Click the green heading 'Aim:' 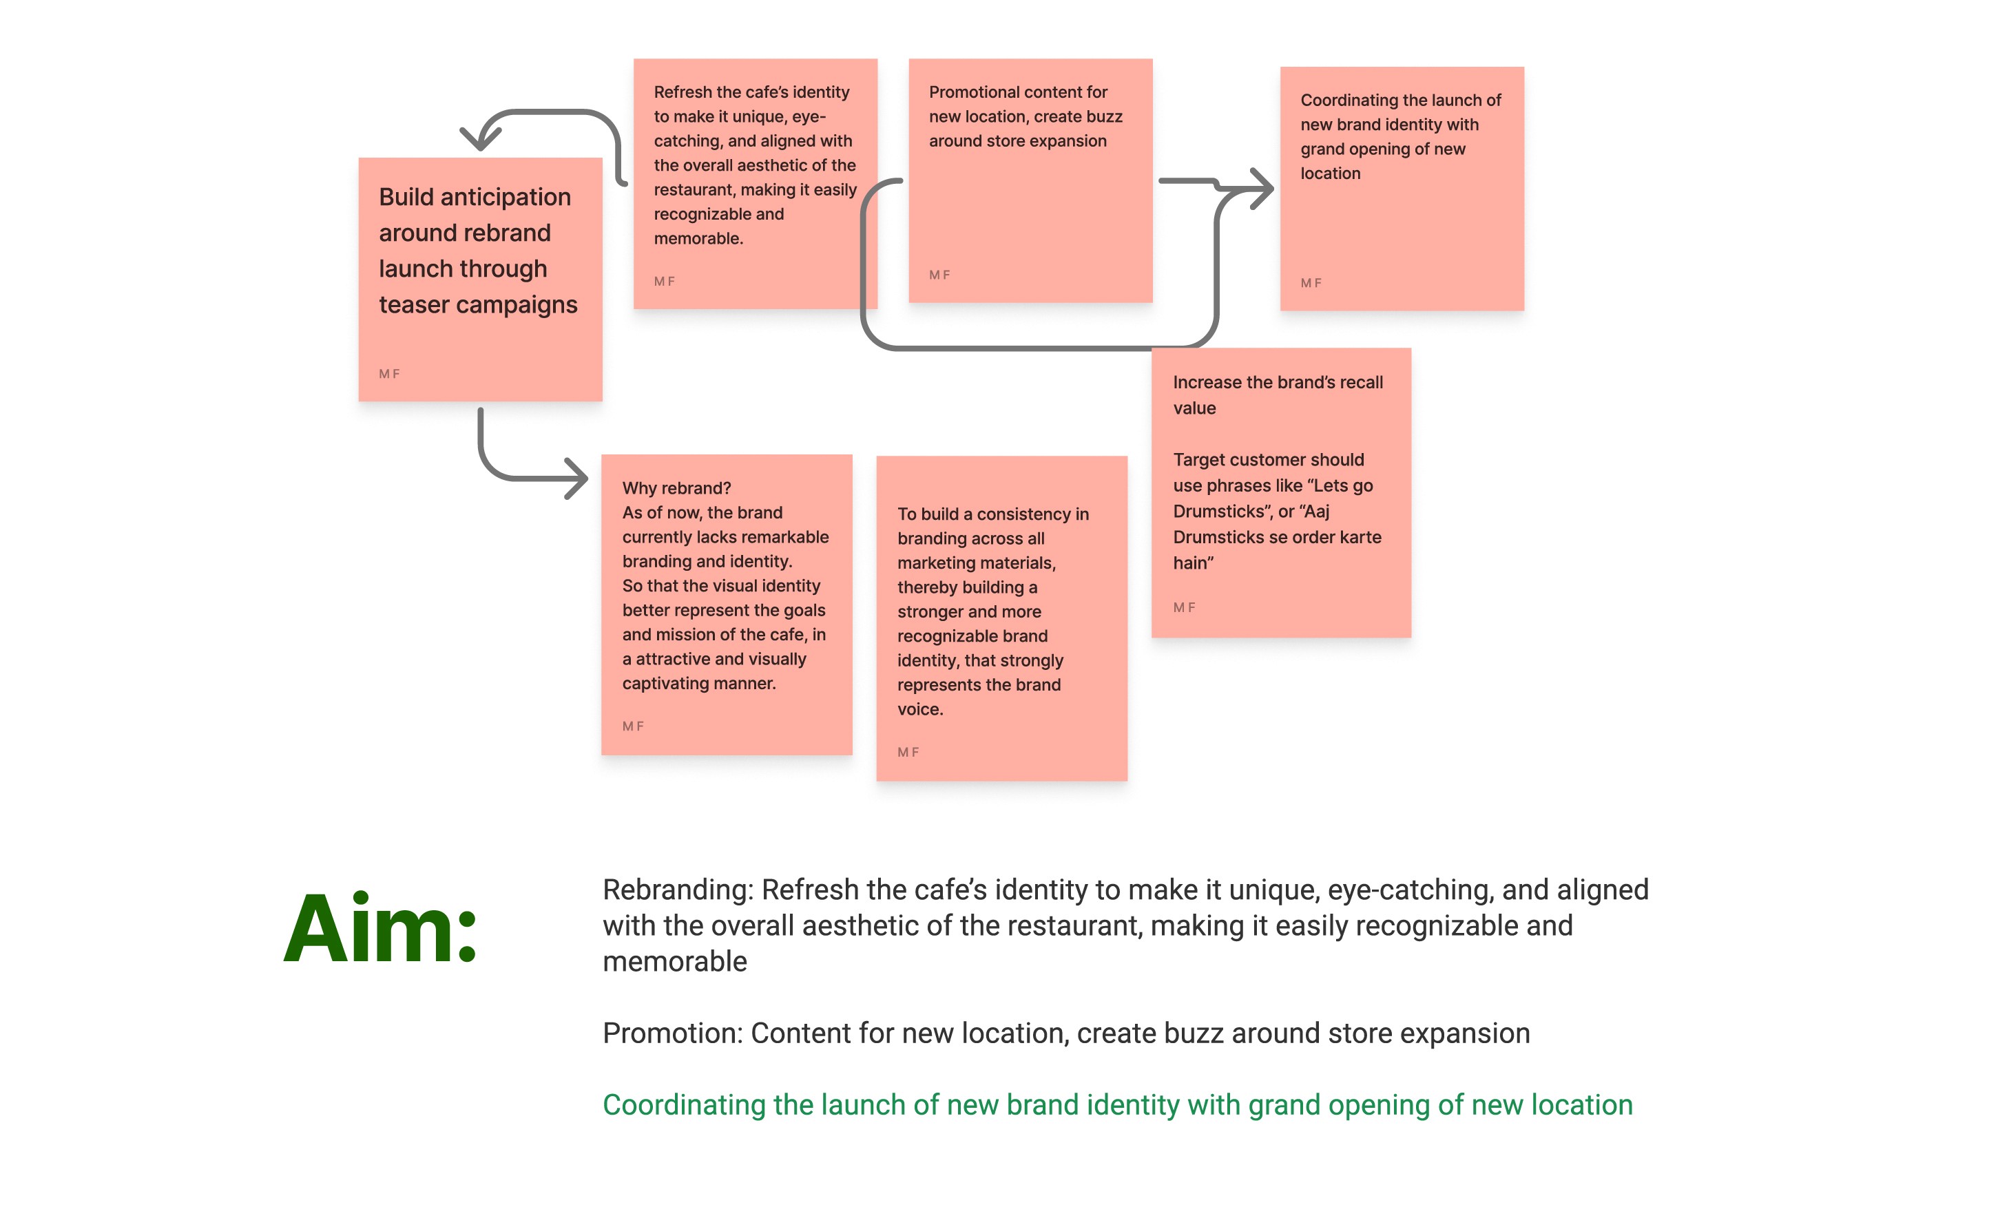point(380,928)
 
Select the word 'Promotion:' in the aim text point(672,1033)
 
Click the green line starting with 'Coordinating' point(1117,1105)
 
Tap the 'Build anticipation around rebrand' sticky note point(480,279)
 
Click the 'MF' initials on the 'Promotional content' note point(939,275)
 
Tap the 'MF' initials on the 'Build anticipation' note point(389,374)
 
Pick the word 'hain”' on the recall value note point(1193,563)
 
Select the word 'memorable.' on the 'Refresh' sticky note point(698,239)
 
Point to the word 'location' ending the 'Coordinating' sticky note point(1330,174)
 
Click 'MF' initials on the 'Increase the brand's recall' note point(1184,608)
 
